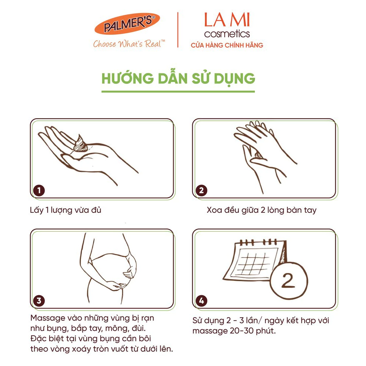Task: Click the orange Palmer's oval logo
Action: pyautogui.click(x=127, y=23)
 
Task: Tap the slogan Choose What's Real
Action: pyautogui.click(x=129, y=44)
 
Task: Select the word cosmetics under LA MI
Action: pyautogui.click(x=227, y=34)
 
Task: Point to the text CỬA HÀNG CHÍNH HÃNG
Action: pyautogui.click(x=227, y=45)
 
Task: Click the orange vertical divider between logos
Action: pyautogui.click(x=178, y=30)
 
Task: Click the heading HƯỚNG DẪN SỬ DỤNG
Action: pyautogui.click(x=178, y=79)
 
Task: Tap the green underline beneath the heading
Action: pyautogui.click(x=178, y=92)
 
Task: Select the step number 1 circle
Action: pyautogui.click(x=39, y=190)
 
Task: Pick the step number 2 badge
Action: pyautogui.click(x=201, y=190)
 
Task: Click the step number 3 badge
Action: pyautogui.click(x=39, y=301)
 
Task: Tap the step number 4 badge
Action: pyautogui.click(x=201, y=301)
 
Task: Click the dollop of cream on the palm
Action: pyautogui.click(x=80, y=144)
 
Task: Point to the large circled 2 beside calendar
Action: pyautogui.click(x=289, y=281)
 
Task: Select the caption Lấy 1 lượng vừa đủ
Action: pyautogui.click(x=66, y=210)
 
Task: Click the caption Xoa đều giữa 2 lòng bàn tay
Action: pyautogui.click(x=261, y=210)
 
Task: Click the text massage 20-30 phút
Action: pyautogui.click(x=234, y=331)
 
